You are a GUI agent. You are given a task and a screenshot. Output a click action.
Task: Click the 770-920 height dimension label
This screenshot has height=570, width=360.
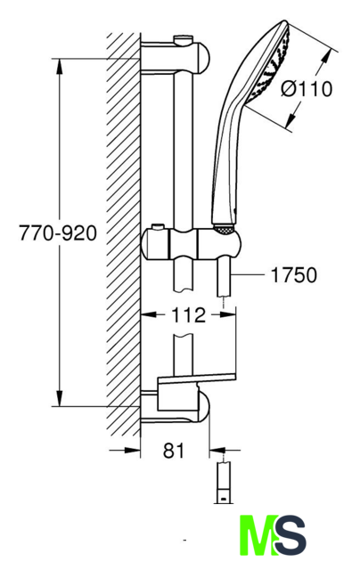pos(58,233)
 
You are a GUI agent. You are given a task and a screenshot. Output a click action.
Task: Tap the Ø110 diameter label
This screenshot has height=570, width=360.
pos(307,89)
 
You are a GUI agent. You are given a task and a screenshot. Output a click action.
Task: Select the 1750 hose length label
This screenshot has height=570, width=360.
pos(294,275)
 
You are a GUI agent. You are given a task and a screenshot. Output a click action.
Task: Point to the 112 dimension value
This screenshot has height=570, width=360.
pos(188,314)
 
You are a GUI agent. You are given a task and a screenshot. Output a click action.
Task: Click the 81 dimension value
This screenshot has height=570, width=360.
pos(174,451)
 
